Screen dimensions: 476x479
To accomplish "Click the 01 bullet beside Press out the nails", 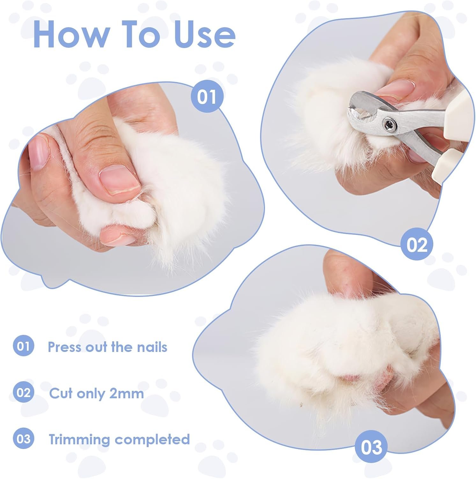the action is (23, 346).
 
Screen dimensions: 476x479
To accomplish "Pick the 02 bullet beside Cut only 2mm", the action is (23, 392).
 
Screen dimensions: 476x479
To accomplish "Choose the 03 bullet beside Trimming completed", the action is (23, 439).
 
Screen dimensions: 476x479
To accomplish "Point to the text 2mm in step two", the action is (127, 393).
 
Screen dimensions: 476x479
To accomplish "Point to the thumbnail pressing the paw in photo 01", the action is (119, 181).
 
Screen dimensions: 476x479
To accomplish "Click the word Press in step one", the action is (63, 346).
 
